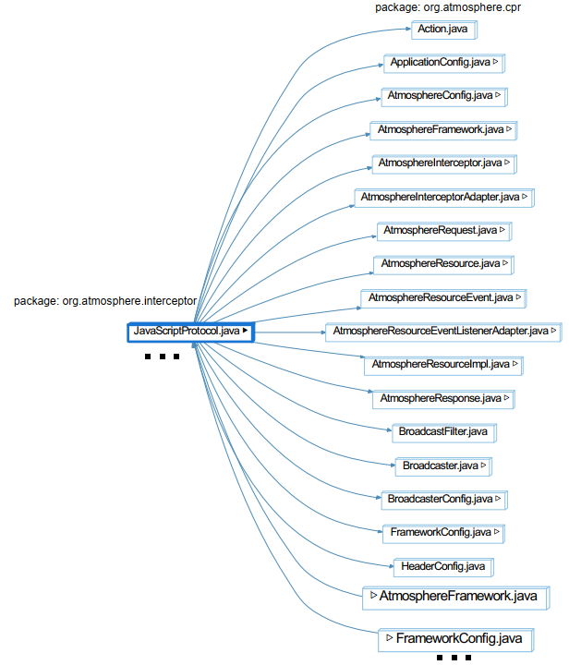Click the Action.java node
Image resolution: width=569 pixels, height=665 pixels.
(444, 30)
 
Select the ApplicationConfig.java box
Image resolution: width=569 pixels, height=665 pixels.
(444, 63)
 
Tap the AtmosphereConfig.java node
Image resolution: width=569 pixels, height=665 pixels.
(444, 97)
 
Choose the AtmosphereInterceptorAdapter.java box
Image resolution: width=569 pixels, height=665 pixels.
(444, 198)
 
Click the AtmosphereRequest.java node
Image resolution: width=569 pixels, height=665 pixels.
(444, 231)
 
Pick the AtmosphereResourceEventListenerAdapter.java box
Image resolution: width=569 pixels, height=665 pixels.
(443, 332)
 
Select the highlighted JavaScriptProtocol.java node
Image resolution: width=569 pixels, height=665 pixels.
(191, 332)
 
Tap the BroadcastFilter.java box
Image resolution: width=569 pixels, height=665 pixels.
(444, 433)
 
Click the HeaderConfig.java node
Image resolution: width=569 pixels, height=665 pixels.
(444, 567)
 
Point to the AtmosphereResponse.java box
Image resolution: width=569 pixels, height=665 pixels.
(444, 400)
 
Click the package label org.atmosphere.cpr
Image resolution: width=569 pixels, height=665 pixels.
(448, 7)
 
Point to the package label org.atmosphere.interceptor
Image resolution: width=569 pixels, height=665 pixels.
(105, 301)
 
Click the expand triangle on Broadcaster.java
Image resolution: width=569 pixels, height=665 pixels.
(484, 465)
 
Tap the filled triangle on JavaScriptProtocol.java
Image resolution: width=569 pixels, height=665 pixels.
(245, 331)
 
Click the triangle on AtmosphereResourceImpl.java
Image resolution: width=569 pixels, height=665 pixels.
(515, 364)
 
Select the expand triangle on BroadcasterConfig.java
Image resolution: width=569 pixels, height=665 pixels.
(498, 499)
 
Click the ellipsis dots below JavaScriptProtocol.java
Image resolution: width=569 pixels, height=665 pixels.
(162, 357)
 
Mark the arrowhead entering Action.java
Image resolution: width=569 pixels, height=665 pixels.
(408, 29)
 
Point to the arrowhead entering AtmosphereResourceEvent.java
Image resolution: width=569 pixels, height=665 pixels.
(358, 308)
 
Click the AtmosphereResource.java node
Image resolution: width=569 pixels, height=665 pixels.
(444, 265)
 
